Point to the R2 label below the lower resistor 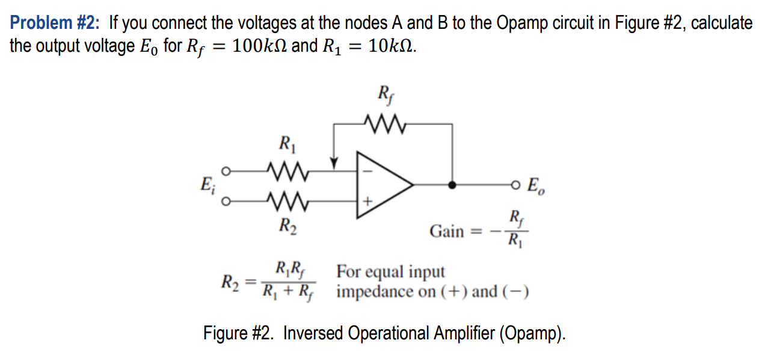pyautogui.click(x=287, y=227)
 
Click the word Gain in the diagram pyautogui.click(x=446, y=231)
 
